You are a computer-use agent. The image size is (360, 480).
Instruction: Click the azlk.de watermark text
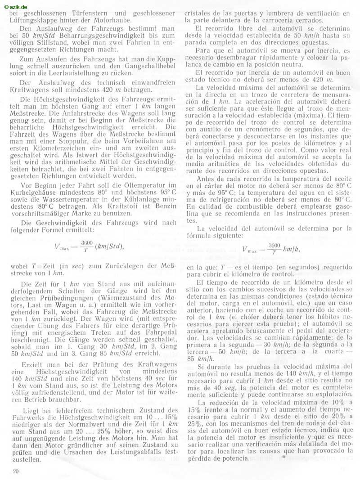16,7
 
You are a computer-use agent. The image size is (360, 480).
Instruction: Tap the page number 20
16,471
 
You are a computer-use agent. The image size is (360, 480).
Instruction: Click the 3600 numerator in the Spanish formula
274,245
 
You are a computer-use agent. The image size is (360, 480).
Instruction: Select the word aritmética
218,163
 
